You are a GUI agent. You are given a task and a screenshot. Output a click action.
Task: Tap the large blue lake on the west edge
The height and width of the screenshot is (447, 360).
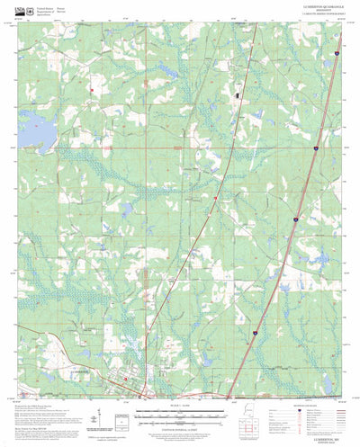click(33, 133)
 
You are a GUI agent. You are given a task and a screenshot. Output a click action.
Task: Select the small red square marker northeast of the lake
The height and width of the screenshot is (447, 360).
click(92, 90)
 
